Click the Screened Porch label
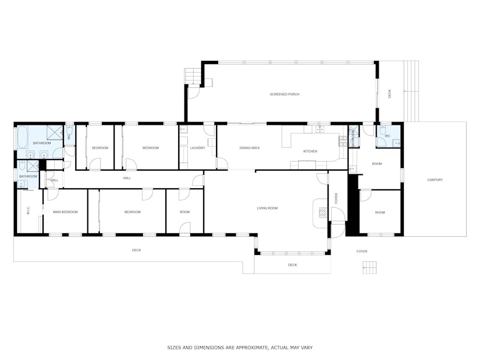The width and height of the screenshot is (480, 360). (285, 94)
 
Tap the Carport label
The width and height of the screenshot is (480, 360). (435, 180)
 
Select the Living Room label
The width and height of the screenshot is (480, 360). (267, 208)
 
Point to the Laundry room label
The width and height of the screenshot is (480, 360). (197, 148)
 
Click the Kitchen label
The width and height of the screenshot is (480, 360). (310, 151)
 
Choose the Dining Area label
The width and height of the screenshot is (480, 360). (250, 148)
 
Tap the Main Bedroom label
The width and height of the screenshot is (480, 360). (65, 212)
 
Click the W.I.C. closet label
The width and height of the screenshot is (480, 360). (28, 211)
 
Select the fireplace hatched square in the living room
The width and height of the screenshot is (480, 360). (323, 212)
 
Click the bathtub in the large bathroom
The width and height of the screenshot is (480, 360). (22, 137)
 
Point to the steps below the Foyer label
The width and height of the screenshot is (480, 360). (370, 268)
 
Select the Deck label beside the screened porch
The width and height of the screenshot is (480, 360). (390, 94)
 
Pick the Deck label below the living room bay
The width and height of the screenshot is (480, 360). (292, 265)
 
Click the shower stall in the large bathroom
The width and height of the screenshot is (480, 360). (55, 133)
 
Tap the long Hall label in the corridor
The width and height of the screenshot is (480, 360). (127, 178)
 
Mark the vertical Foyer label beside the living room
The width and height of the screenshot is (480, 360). (336, 198)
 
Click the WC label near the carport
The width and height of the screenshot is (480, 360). (388, 136)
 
